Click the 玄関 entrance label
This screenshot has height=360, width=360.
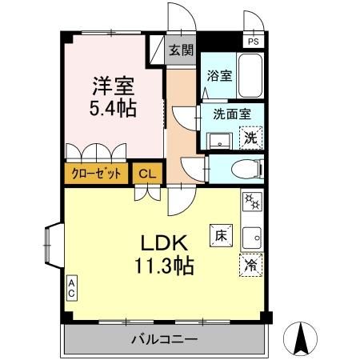tap(182, 50)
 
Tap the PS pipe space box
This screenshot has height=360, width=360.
tap(254, 41)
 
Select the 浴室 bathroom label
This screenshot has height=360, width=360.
tap(219, 76)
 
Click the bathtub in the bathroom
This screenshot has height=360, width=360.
tap(250, 76)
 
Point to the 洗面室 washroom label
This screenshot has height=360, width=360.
tap(232, 114)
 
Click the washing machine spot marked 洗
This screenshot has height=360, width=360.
tap(251, 138)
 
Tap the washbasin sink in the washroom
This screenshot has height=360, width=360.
tap(220, 142)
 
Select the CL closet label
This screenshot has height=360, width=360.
tap(147, 174)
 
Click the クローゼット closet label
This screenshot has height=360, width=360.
tap(96, 174)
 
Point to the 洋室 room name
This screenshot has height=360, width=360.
tap(114, 86)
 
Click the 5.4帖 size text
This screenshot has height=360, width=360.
tap(113, 108)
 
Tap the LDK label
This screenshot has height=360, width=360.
tap(164, 242)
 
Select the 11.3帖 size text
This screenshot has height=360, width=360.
tap(164, 266)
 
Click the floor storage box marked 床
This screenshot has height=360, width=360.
tap(221, 235)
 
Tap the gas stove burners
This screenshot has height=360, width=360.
tap(252, 202)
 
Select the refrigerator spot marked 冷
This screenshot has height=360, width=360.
tap(251, 265)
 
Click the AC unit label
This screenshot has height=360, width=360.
tap(71, 288)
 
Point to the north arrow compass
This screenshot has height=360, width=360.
tap(300, 338)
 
